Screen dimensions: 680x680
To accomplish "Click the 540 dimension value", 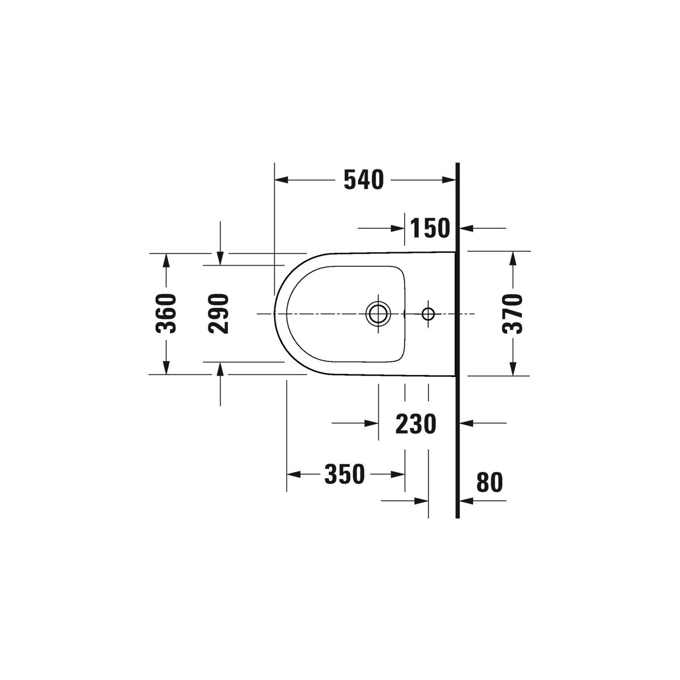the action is click(x=363, y=180).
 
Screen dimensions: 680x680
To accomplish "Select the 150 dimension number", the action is click(x=430, y=228).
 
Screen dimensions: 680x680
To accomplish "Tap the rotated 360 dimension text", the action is click(x=166, y=313).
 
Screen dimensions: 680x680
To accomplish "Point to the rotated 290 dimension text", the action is click(x=218, y=313).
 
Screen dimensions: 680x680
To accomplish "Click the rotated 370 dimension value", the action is click(x=512, y=313).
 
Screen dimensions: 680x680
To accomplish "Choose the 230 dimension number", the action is click(x=416, y=424).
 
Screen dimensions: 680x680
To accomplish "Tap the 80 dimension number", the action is click(x=490, y=482).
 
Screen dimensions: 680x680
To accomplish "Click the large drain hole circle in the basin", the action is click(x=379, y=313).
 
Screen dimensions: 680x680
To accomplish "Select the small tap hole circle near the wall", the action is click(x=428, y=313).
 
